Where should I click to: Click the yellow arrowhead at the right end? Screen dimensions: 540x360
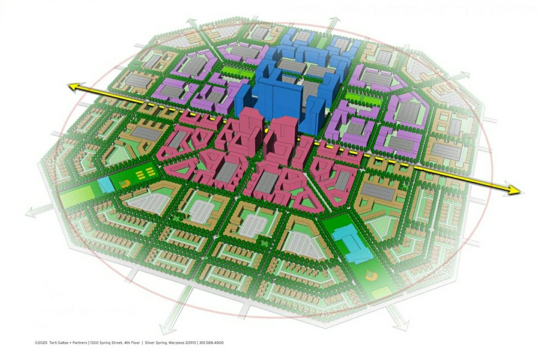515,190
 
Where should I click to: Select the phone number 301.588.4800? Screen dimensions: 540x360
211,342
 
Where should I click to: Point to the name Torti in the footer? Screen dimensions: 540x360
53,342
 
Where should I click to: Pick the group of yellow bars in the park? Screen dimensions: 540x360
144,173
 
